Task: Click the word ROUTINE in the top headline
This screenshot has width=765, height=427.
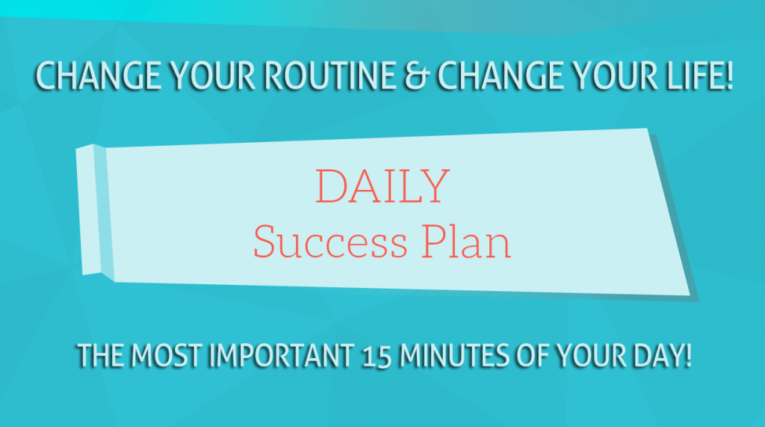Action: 329,76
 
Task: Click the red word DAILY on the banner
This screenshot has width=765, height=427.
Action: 382,186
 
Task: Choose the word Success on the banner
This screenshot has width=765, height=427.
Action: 330,242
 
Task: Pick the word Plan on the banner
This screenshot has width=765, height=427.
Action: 466,241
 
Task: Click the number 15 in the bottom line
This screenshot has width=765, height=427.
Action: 377,357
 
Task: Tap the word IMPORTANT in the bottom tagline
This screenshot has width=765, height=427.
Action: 282,355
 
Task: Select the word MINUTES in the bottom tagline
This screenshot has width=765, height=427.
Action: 454,355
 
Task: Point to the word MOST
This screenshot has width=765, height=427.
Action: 166,355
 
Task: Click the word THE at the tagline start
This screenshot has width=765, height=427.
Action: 101,355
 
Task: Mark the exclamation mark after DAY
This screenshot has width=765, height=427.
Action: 688,355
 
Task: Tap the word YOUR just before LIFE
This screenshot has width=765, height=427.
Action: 616,76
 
